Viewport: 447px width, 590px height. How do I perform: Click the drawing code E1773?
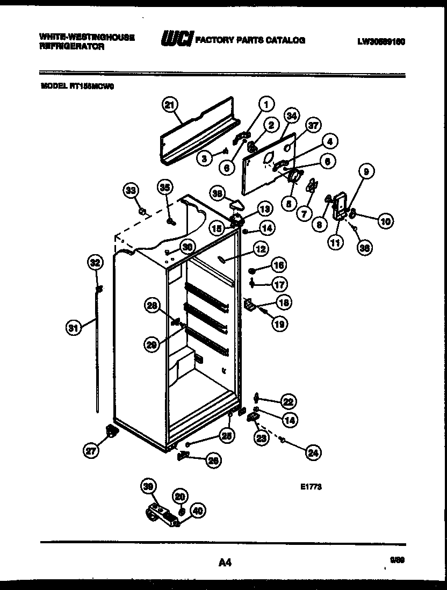point(311,487)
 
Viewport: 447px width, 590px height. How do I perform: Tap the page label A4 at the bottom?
point(225,563)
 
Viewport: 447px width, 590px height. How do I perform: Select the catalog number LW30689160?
point(380,41)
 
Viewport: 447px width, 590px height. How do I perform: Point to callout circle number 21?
point(170,106)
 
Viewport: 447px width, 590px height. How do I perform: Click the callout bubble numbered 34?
point(291,116)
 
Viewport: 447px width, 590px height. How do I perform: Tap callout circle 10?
point(385,220)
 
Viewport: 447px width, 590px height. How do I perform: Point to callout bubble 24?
point(313,453)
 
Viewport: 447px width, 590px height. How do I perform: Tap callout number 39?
point(148,486)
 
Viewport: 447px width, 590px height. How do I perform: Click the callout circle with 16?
point(278,265)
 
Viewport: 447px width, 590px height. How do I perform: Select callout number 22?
point(289,401)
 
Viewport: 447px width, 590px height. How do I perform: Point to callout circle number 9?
point(365,172)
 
